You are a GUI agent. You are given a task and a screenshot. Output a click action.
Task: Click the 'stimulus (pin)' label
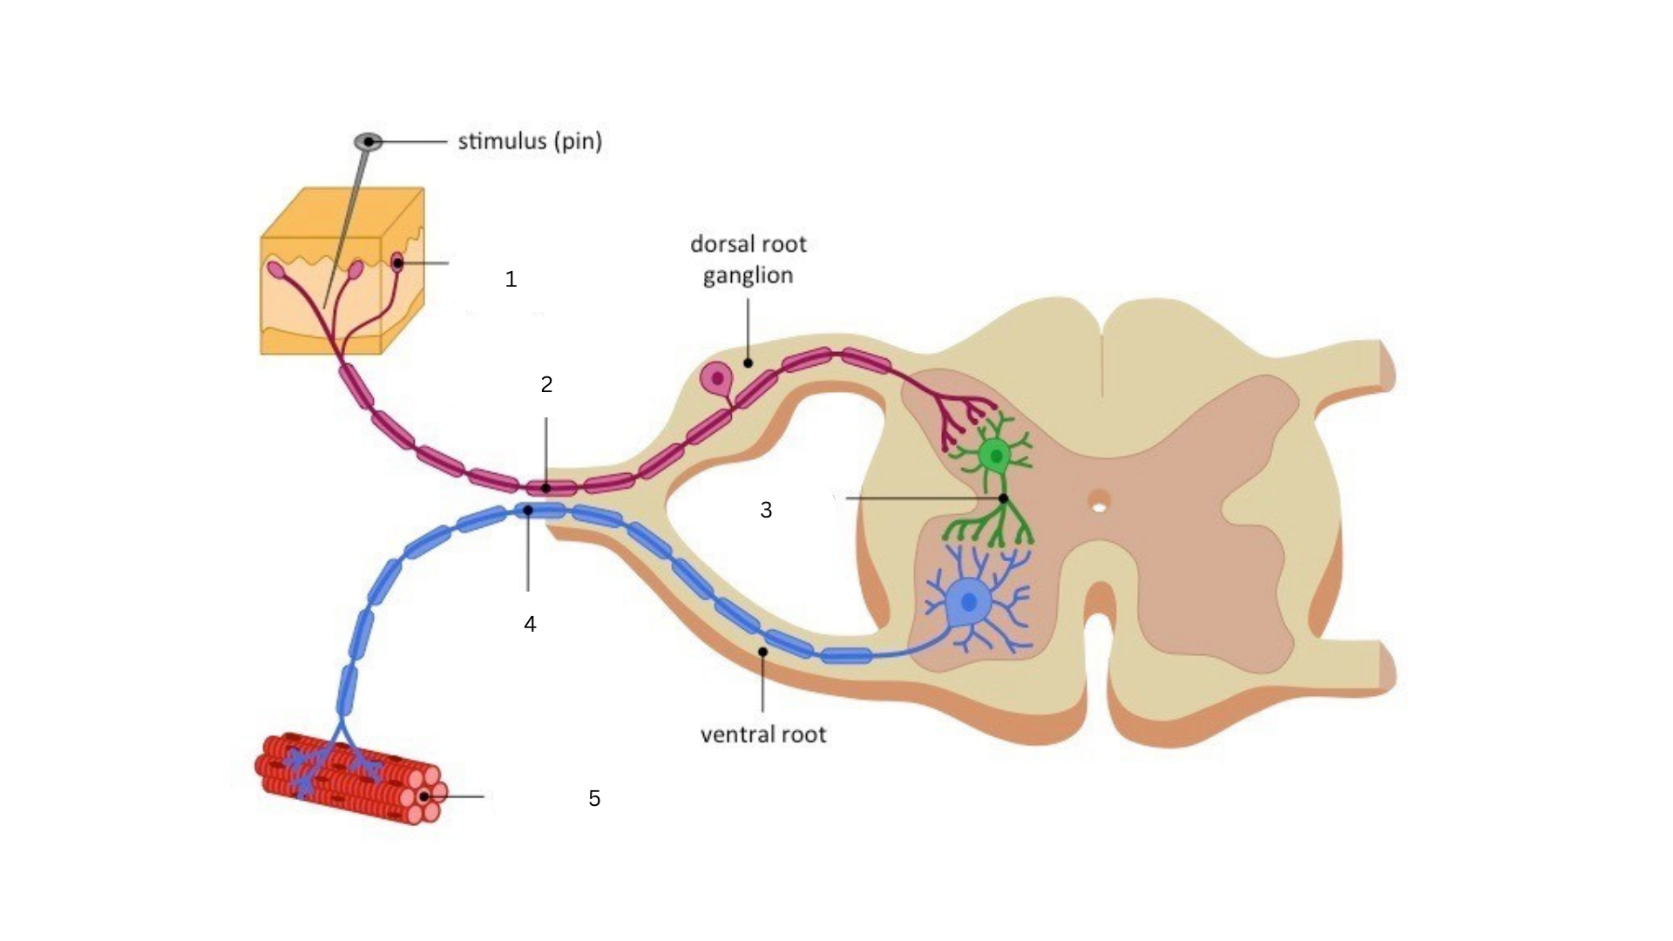click(x=530, y=141)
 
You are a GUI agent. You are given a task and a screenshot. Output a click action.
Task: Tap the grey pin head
click(x=368, y=141)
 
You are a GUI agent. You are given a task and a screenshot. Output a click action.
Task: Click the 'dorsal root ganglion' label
click(x=748, y=260)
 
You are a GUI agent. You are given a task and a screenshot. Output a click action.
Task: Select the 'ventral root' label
click(x=763, y=735)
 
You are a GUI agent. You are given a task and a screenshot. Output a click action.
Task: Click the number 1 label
click(x=511, y=280)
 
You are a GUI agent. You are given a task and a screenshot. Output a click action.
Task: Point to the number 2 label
click(x=546, y=384)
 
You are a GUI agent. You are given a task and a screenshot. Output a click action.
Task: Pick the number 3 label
click(x=766, y=511)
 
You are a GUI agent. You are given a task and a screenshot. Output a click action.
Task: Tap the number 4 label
click(x=530, y=624)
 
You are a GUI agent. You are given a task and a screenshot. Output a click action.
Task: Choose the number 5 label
click(x=594, y=798)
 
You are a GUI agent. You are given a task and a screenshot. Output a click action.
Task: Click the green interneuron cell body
click(x=994, y=455)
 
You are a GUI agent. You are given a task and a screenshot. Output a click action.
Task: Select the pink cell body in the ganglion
click(x=717, y=378)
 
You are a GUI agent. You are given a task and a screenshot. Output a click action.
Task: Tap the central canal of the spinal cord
click(x=1100, y=503)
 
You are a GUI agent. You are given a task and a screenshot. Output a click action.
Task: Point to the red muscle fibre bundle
click(x=349, y=778)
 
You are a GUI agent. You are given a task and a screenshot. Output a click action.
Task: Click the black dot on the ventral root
click(x=762, y=652)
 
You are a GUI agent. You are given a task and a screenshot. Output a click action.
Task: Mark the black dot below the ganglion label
click(x=748, y=362)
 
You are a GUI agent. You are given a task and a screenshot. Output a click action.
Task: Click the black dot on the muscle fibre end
click(x=424, y=796)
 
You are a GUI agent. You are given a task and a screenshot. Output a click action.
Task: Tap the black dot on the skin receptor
click(x=397, y=262)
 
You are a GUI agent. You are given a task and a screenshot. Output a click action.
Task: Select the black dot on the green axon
click(x=1003, y=498)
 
